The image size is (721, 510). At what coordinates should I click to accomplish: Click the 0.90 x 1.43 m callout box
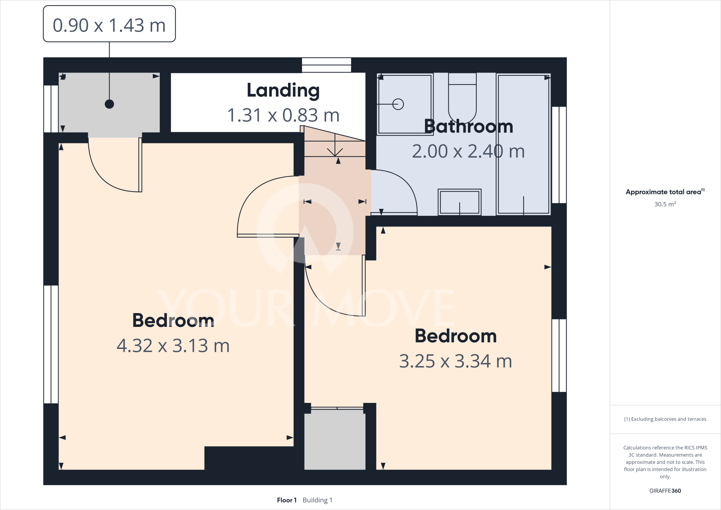(109, 24)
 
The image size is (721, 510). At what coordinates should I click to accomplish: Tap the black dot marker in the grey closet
(109, 104)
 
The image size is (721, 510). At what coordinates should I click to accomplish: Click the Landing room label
(283, 91)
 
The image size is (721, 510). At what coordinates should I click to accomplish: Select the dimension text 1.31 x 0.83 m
(283, 115)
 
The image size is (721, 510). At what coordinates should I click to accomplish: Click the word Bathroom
(468, 126)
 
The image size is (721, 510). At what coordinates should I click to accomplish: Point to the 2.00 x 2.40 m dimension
(468, 151)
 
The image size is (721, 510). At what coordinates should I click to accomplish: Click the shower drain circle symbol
(398, 104)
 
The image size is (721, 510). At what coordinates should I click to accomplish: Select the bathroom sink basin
(459, 202)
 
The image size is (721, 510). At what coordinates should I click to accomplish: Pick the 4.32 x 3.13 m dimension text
(173, 346)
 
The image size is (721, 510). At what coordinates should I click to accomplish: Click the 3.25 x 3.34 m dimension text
(455, 361)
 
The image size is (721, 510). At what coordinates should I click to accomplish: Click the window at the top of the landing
(326, 65)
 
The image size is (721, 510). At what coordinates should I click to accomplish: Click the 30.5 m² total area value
(665, 204)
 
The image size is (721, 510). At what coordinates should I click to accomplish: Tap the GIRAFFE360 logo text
(665, 491)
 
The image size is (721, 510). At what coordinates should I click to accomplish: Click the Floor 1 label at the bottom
(287, 500)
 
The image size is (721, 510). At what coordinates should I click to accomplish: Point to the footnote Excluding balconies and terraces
(665, 419)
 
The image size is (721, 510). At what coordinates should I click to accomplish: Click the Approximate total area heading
(664, 192)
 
